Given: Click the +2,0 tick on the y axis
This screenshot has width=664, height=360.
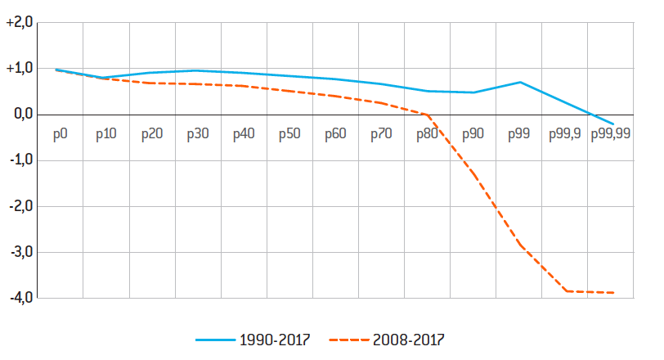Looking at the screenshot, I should (19, 23).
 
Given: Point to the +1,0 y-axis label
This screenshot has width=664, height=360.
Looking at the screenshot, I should (19, 69).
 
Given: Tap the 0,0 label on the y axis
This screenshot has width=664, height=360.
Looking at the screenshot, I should (20, 115).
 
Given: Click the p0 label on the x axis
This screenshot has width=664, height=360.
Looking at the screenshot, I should (60, 133).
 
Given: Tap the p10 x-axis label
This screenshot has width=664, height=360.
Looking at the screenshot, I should (105, 133).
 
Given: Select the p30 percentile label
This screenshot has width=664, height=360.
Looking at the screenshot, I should (197, 133).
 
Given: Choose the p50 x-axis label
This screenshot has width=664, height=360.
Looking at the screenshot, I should (289, 133).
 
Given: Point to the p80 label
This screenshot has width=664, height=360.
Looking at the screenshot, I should (427, 133).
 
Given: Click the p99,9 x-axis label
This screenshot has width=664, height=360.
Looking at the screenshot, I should (564, 133).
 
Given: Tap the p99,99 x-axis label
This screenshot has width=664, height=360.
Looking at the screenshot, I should (610, 133).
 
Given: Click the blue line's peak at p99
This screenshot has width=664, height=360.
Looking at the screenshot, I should (520, 82).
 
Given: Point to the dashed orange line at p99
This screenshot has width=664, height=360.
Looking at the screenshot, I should (520, 245).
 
